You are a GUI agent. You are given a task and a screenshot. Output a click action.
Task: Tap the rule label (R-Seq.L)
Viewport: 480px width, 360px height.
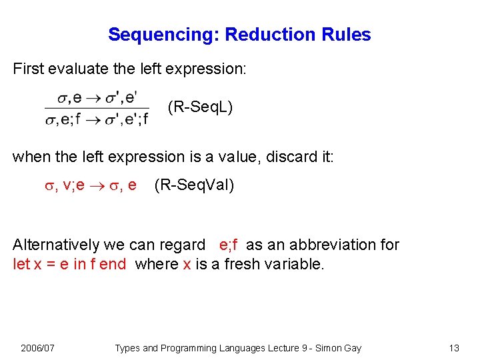pyautogui.click(x=200, y=107)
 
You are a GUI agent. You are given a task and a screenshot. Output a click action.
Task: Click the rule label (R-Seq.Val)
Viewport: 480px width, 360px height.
pyautogui.click(x=194, y=185)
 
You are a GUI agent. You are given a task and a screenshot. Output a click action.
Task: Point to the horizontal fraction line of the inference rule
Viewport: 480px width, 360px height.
pyautogui.click(x=97, y=109)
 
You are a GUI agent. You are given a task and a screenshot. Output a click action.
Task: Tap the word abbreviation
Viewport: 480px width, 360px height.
pyautogui.click(x=326, y=245)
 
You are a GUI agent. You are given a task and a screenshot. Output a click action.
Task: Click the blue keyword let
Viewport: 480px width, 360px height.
pyautogui.click(x=21, y=264)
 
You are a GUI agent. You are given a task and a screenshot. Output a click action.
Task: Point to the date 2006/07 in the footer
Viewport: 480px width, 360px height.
pyautogui.click(x=38, y=348)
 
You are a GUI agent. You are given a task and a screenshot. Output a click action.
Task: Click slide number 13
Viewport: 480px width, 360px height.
pyautogui.click(x=455, y=348)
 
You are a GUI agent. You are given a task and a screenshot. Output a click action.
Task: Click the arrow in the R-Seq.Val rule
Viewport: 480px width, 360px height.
pyautogui.click(x=96, y=185)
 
